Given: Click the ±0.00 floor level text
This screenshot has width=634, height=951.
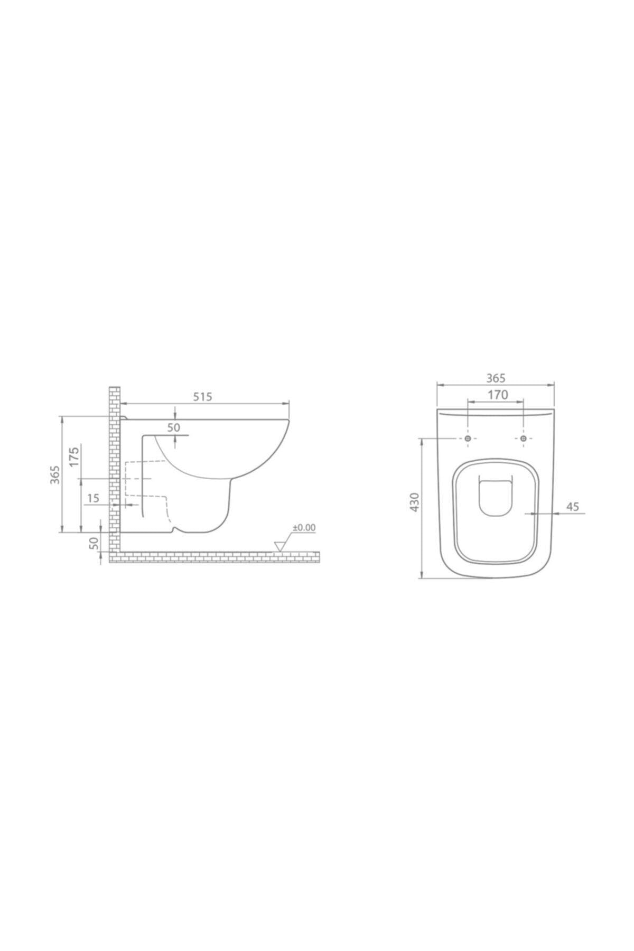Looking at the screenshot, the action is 304,527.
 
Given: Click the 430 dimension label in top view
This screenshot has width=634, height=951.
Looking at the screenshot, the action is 415,502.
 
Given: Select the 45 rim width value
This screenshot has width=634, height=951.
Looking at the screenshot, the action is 573,506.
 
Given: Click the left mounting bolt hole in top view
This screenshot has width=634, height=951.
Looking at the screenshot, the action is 468,438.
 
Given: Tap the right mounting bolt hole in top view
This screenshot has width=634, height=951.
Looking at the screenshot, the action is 523,438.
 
